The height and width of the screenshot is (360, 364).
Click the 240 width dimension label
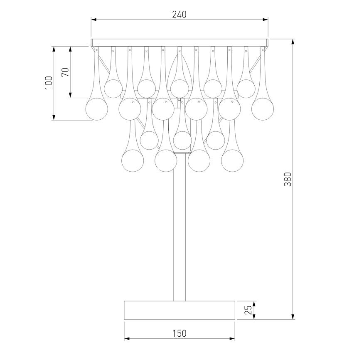pos(179,15)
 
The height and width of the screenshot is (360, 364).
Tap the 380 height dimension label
pos(288,179)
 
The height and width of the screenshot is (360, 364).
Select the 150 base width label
pos(180,333)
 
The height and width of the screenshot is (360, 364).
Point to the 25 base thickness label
pos(248,310)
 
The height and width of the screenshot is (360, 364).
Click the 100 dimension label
pos(49,83)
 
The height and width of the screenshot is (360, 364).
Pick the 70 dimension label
pos(65,72)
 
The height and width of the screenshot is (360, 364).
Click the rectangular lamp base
pos(180,310)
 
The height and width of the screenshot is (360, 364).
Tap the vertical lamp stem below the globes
pos(180,236)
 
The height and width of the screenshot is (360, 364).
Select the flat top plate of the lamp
pos(180,42)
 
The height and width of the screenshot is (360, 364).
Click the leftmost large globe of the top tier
pos(97,109)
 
